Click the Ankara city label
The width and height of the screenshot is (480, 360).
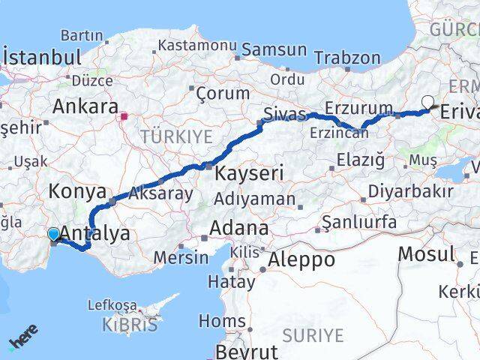coord(85,106)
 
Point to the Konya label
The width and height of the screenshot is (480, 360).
coord(77,191)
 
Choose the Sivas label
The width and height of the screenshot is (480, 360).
coord(284,115)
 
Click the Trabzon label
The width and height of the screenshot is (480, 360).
coord(347,57)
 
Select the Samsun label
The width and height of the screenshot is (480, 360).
coord(274,50)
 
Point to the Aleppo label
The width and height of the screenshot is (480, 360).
coord(299,260)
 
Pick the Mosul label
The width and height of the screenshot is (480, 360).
coord(426,253)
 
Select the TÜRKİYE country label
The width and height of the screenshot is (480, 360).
coord(176,136)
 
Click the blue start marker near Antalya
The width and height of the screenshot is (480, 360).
coord(54,235)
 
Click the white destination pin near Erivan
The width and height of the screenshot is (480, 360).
coord(428,103)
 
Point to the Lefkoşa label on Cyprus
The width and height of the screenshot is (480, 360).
coord(112,305)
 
